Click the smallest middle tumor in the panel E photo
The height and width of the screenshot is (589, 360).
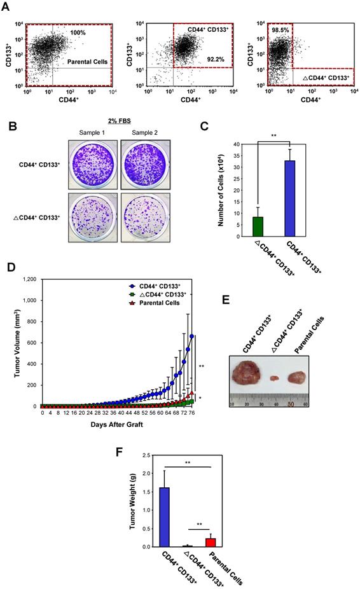tap(275, 378)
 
